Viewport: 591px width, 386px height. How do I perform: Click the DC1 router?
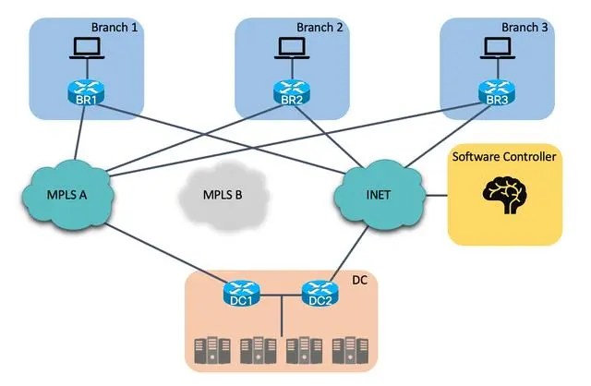click(243, 296)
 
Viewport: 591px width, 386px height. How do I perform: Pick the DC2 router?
click(318, 296)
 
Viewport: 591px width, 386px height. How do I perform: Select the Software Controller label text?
click(504, 157)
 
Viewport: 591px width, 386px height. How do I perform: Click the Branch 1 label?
click(115, 28)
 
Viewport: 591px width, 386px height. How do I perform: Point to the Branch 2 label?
click(320, 28)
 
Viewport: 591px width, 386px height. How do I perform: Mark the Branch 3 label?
click(525, 28)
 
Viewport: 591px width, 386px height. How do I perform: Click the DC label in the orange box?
click(359, 279)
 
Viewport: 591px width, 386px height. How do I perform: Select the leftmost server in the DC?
click(210, 351)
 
